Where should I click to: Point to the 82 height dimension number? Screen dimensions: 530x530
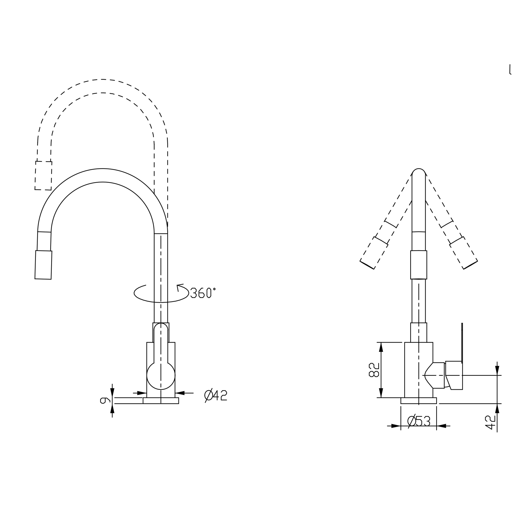[374, 370]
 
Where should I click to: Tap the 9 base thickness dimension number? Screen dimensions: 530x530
[105, 400]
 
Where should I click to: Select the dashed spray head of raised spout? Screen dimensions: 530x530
[43, 176]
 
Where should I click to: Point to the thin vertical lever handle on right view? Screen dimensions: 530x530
[462, 343]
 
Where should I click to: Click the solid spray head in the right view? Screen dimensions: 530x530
[419, 265]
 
